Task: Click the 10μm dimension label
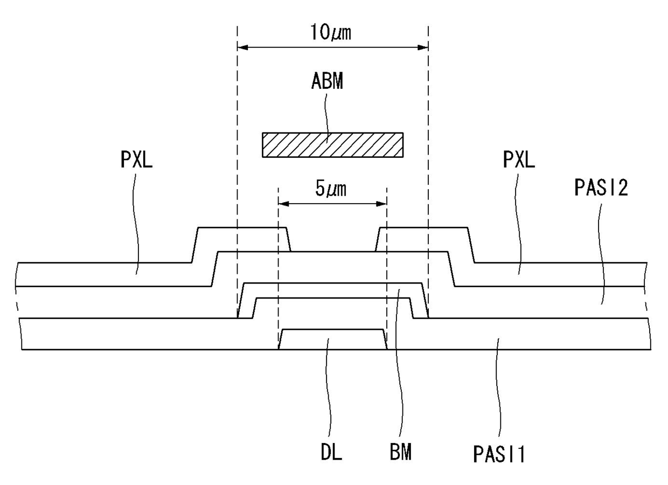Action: click(331, 32)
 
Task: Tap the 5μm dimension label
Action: click(331, 189)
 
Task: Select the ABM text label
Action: click(327, 81)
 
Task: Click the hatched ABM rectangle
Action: click(333, 144)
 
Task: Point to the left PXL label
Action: click(137, 160)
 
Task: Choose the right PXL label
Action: click(519, 160)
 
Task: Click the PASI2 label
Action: click(601, 188)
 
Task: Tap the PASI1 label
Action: click(499, 454)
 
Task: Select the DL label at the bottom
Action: click(331, 452)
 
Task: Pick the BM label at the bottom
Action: click(400, 452)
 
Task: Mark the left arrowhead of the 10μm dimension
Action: click(242, 47)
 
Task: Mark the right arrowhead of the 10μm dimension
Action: click(423, 47)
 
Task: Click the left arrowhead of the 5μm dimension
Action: click(283, 204)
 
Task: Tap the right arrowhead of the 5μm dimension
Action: click(381, 204)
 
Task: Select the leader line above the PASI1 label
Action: click(498, 388)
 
